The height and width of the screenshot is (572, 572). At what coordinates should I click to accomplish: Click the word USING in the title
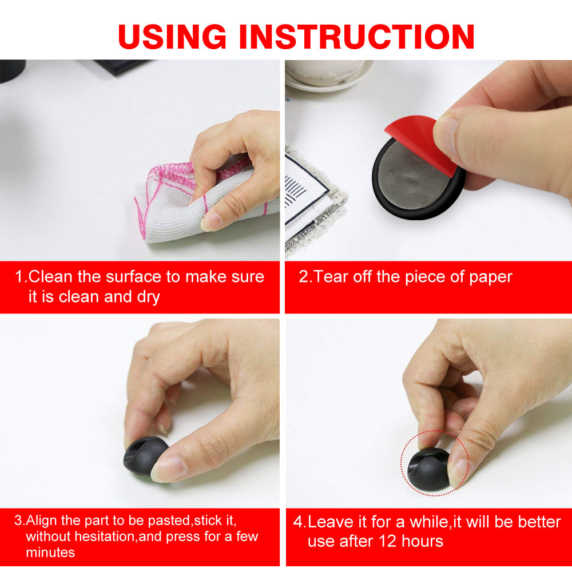(172, 37)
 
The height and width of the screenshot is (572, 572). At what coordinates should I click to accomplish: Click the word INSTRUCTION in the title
(356, 37)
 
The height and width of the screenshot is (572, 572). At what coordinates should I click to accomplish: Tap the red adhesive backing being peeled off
(419, 142)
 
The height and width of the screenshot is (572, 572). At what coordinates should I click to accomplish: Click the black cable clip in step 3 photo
(145, 456)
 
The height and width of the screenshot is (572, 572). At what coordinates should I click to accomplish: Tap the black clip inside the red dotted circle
(428, 469)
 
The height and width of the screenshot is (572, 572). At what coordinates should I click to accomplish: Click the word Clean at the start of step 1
(50, 276)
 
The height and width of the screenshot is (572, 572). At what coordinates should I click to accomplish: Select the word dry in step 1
(148, 297)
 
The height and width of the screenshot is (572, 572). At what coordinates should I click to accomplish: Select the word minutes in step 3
(50, 553)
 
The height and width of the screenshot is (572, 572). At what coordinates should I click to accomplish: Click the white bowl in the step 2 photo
(329, 75)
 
